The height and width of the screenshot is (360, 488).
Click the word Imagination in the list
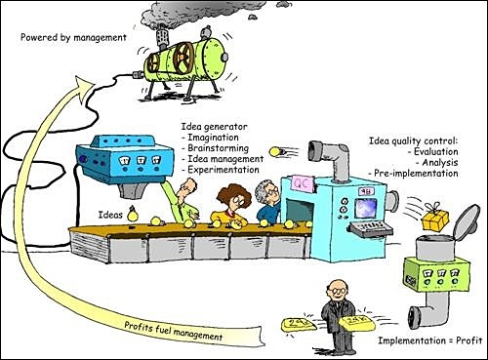(x=218, y=138)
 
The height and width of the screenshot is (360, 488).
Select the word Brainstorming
(x=222, y=148)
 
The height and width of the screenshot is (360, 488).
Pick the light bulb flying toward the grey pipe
(x=279, y=149)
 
